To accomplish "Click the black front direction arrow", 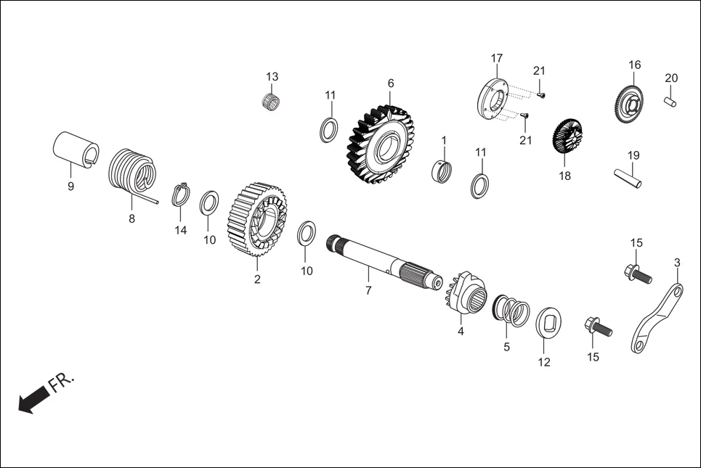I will coord(33,400).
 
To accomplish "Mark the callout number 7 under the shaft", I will coord(368,290).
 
